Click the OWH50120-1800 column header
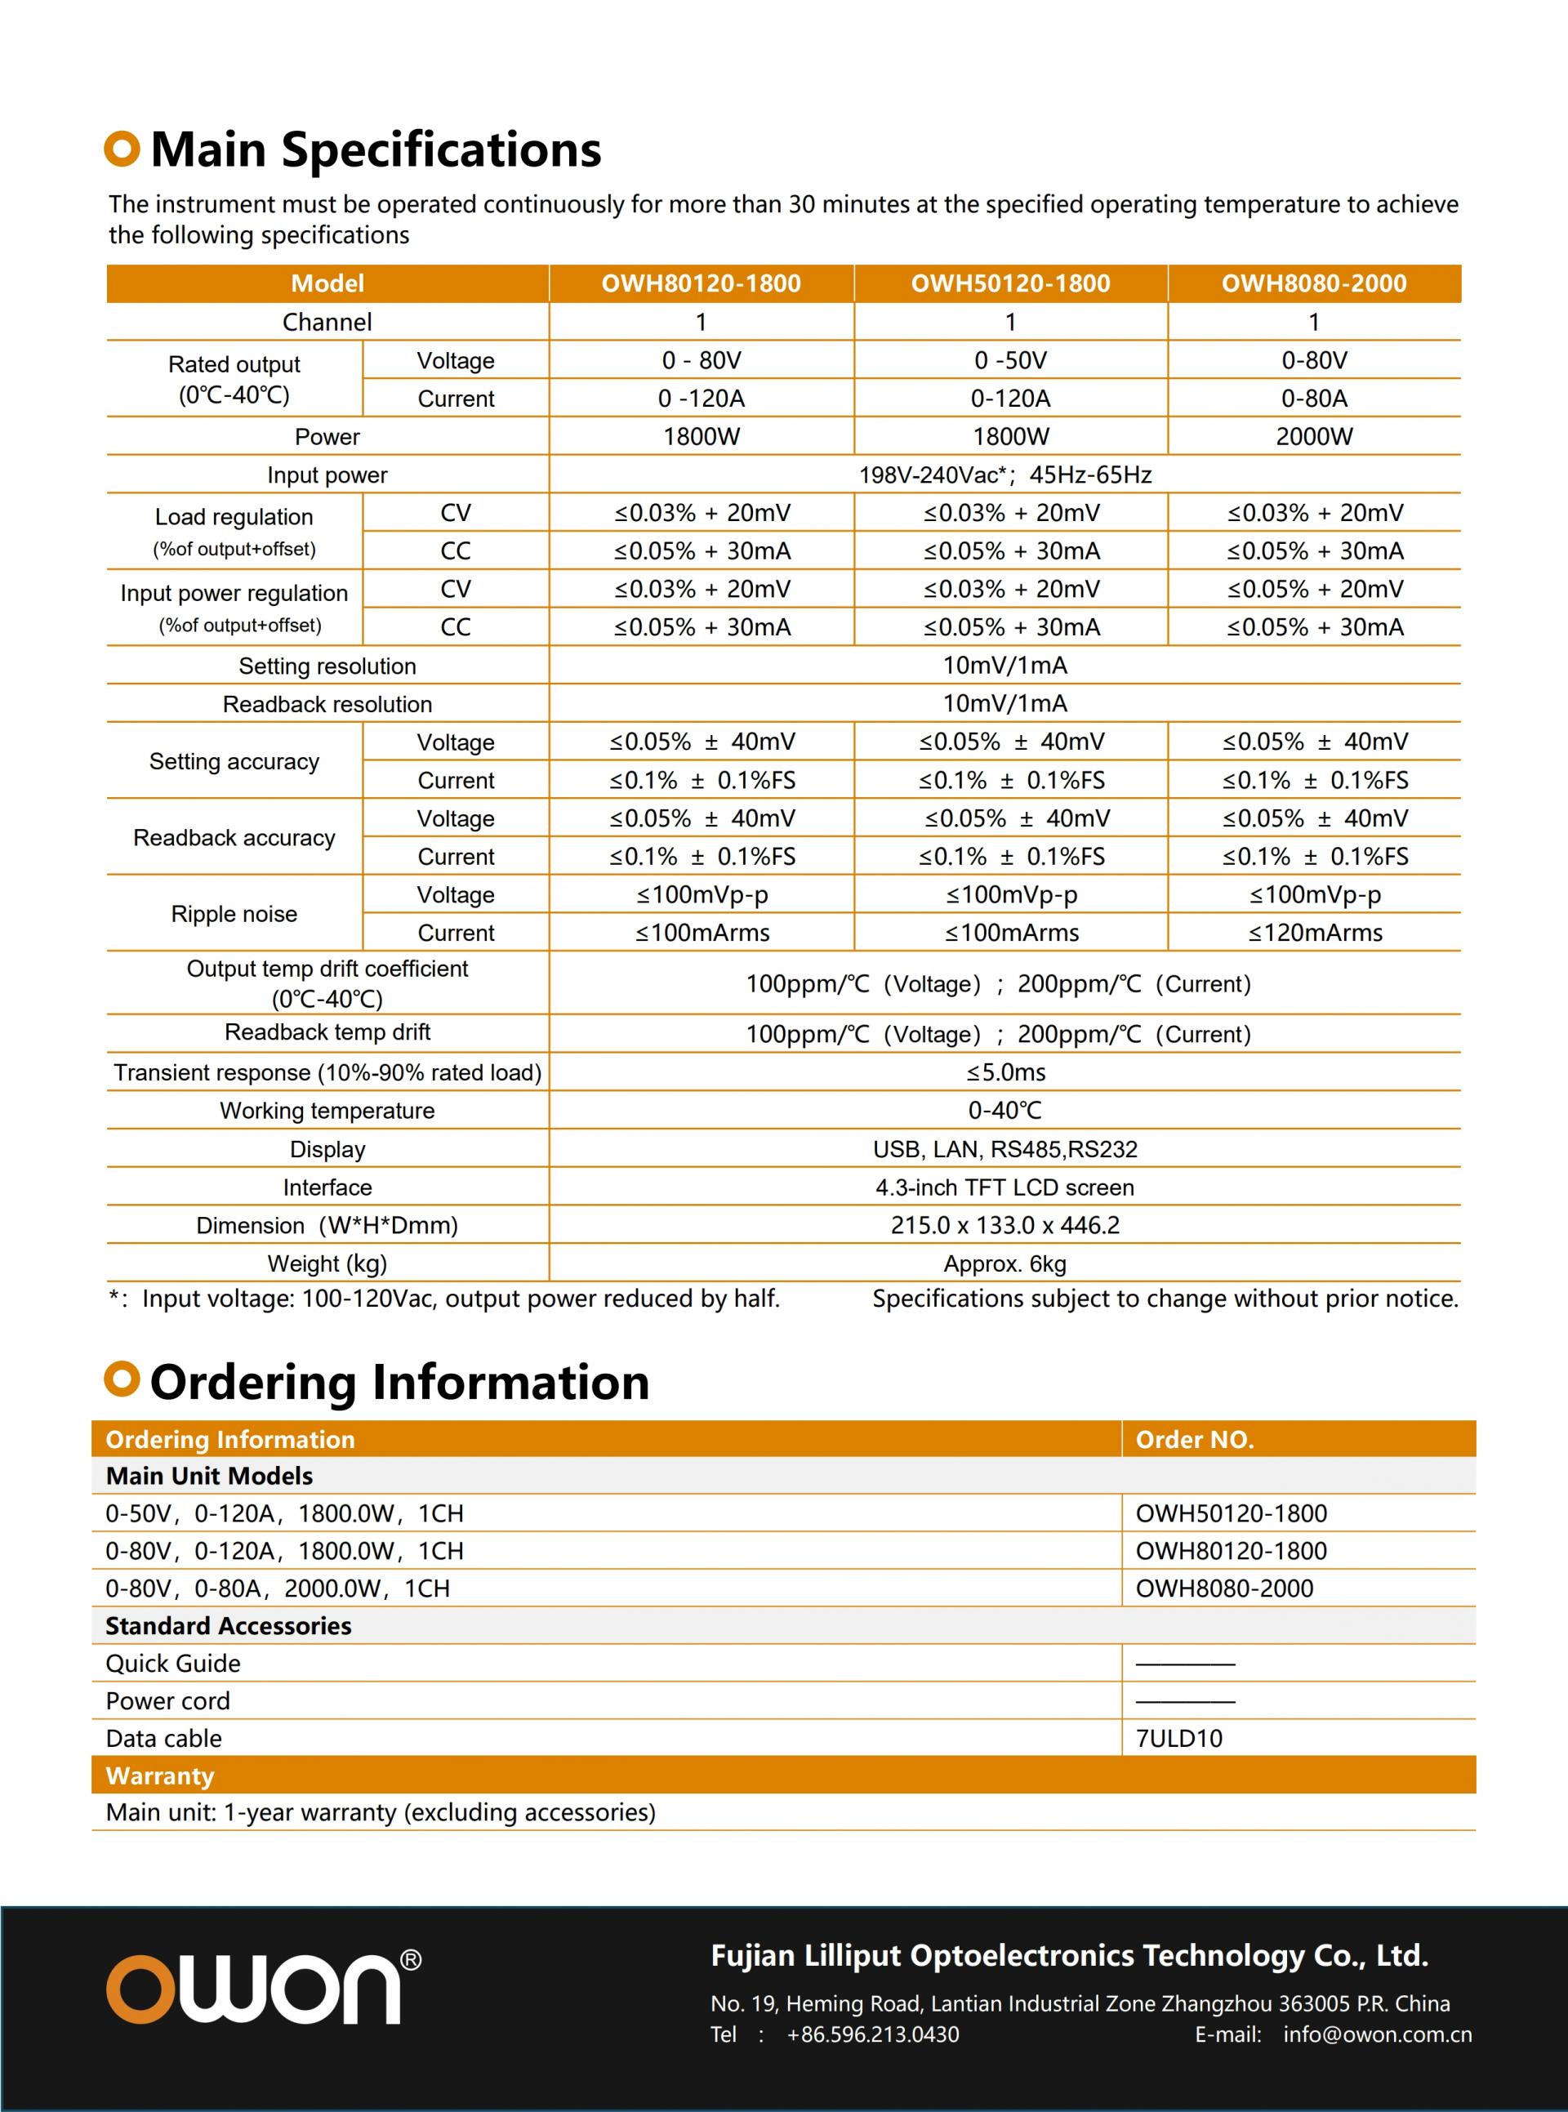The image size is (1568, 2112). tap(1010, 283)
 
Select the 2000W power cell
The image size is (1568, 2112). tap(1314, 437)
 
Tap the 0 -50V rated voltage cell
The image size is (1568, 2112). tap(1010, 361)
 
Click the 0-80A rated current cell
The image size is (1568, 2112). tap(1314, 399)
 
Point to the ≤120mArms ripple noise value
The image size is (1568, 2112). tap(1315, 933)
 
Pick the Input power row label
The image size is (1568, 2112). tap(327, 475)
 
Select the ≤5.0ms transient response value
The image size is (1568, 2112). tap(1005, 1072)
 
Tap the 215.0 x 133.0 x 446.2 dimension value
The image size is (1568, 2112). tap(1004, 1225)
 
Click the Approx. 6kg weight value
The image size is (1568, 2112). tap(1004, 1264)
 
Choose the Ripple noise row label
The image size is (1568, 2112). tap(234, 914)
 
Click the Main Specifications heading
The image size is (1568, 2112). tap(376, 150)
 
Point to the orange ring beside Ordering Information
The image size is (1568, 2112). tap(122, 1379)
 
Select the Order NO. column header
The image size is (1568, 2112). tap(1194, 1440)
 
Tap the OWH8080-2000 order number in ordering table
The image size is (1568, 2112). tap(1224, 1589)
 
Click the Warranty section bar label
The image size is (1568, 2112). tap(159, 1776)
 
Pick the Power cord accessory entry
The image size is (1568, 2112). tap(168, 1701)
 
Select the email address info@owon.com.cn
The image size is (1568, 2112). tap(1377, 2034)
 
